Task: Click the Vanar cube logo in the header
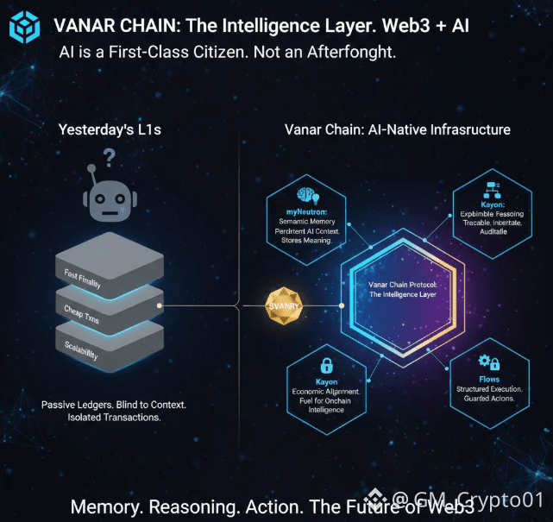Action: pos(25,27)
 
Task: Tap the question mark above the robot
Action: pos(109,157)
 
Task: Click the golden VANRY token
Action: pos(284,305)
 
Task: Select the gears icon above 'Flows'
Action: pos(487,362)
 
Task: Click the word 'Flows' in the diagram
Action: pos(488,378)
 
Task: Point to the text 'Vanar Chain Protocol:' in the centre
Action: pos(402,284)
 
